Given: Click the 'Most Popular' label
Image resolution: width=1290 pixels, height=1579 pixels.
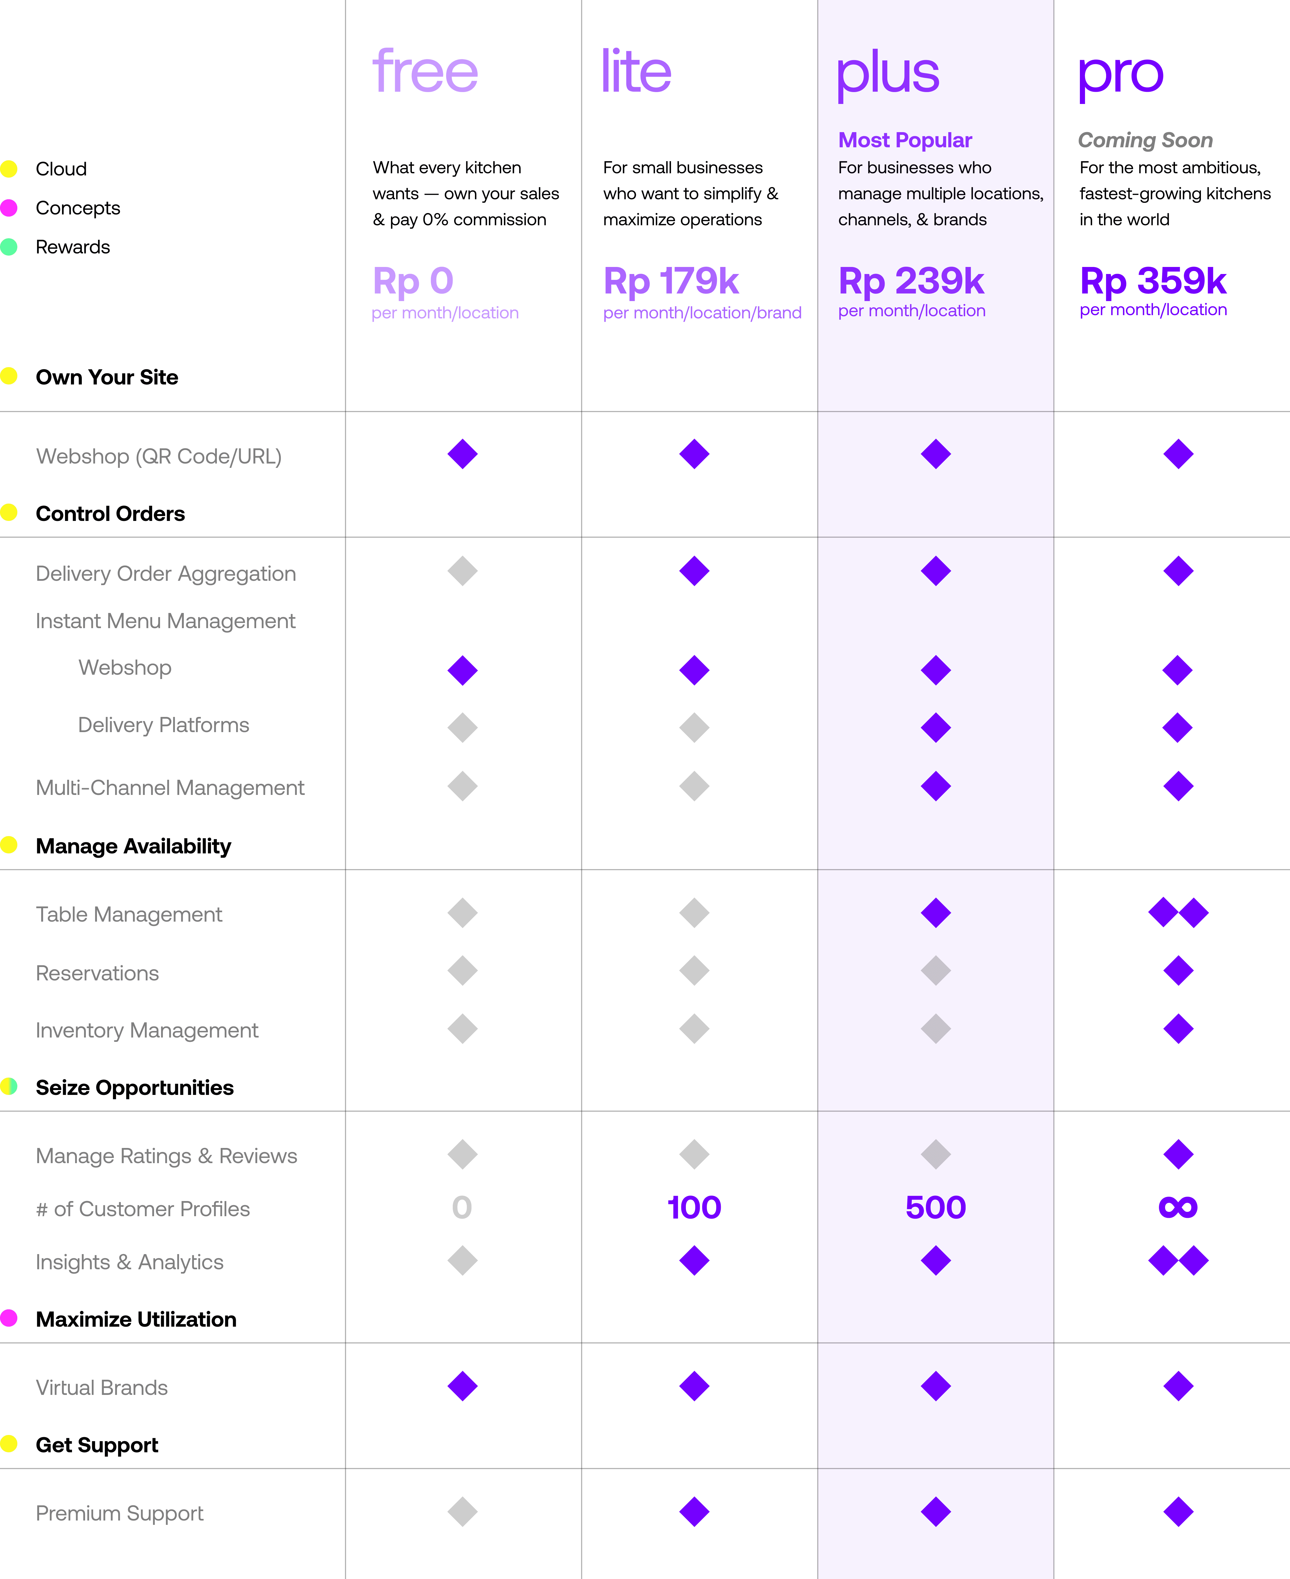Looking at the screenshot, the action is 905,140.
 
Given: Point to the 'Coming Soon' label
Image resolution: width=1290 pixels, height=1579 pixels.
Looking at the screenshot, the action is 1145,140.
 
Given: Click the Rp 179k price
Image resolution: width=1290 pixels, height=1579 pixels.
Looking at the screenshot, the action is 671,281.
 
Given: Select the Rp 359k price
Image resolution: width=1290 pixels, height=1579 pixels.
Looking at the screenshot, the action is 1153,281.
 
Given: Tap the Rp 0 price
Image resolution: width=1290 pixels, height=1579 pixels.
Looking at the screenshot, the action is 413,281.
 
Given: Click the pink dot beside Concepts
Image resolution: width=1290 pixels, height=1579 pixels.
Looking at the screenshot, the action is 9,208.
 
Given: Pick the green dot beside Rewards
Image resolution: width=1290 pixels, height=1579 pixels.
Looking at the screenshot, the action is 9,247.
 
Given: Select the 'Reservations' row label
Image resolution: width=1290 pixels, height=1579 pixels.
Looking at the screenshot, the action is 97,973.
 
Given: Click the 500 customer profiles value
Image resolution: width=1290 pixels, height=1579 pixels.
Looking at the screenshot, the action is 936,1208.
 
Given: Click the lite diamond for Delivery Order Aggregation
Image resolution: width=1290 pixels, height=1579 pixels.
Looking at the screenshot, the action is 694,571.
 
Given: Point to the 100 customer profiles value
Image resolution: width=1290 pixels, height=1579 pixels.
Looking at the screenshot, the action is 694,1208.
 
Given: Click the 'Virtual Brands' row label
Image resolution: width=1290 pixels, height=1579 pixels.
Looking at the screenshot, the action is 102,1388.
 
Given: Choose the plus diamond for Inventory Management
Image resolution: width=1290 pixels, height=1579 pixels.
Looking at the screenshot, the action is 936,1029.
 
